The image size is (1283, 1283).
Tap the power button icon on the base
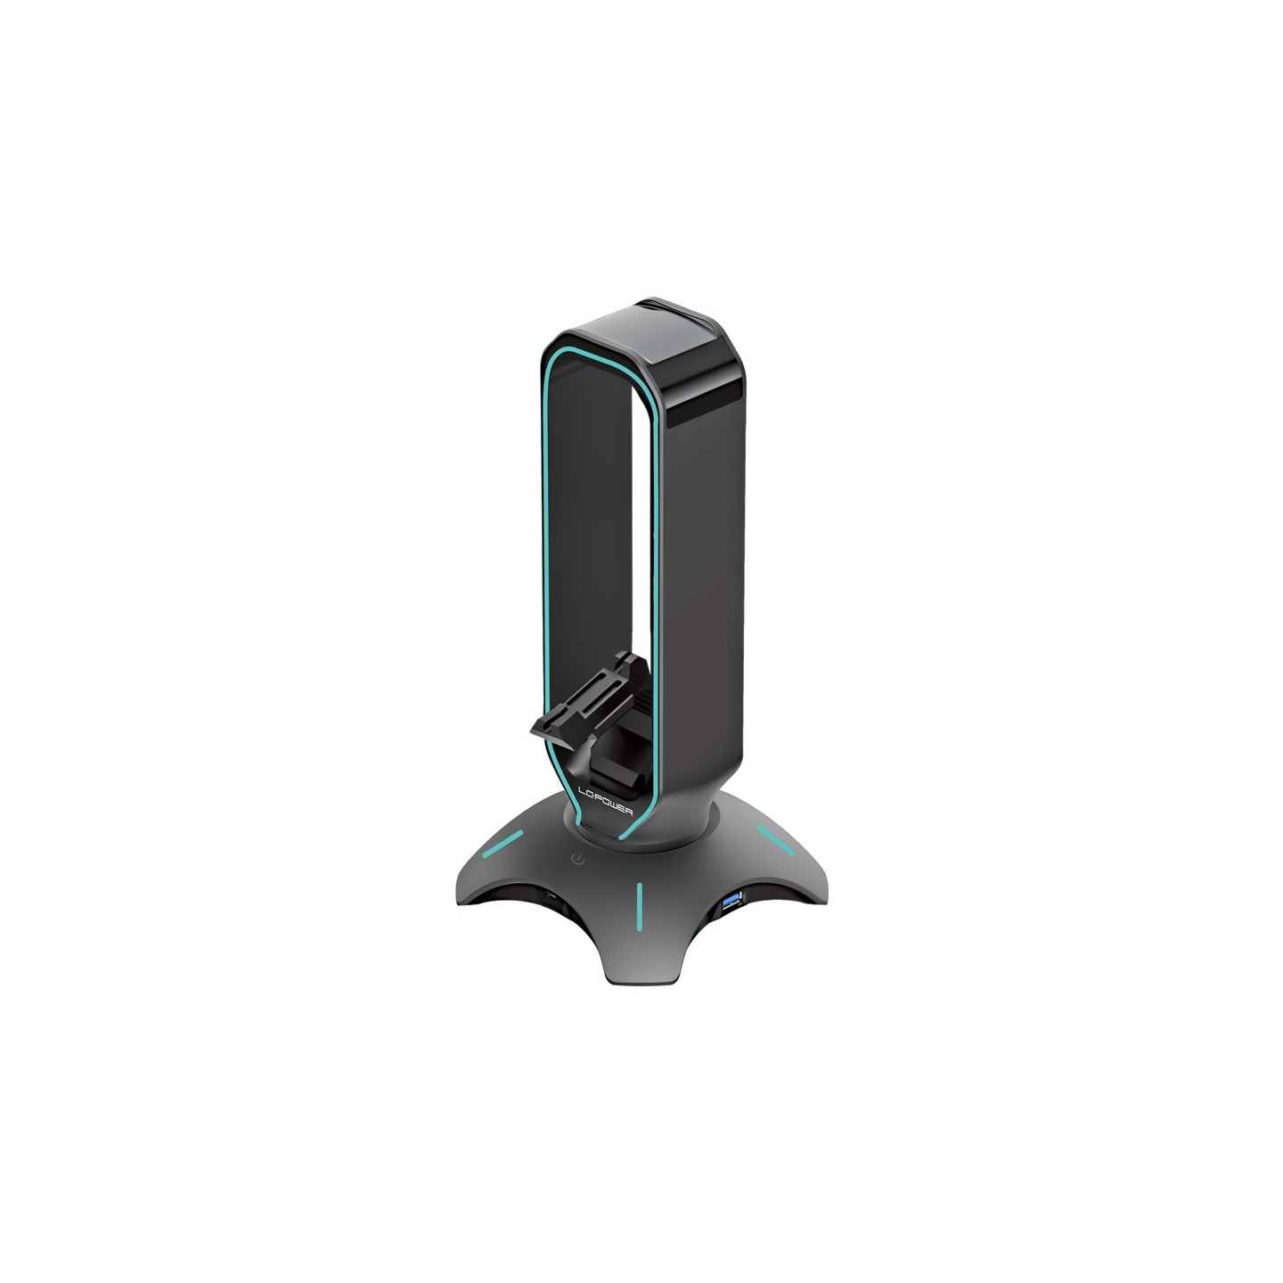[580, 862]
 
